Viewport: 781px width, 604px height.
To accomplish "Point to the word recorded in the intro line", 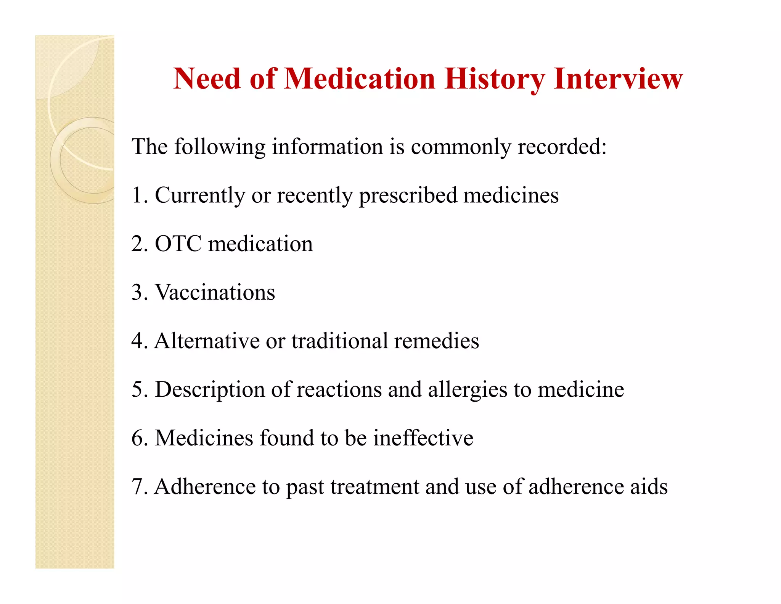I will [x=561, y=147].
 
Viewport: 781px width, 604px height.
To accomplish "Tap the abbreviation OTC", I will [x=178, y=244].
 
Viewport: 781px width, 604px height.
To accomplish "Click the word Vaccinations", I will [x=215, y=292].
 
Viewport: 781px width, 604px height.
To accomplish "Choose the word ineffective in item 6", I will [x=423, y=438].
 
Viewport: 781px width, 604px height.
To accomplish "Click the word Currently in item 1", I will [x=200, y=196].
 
